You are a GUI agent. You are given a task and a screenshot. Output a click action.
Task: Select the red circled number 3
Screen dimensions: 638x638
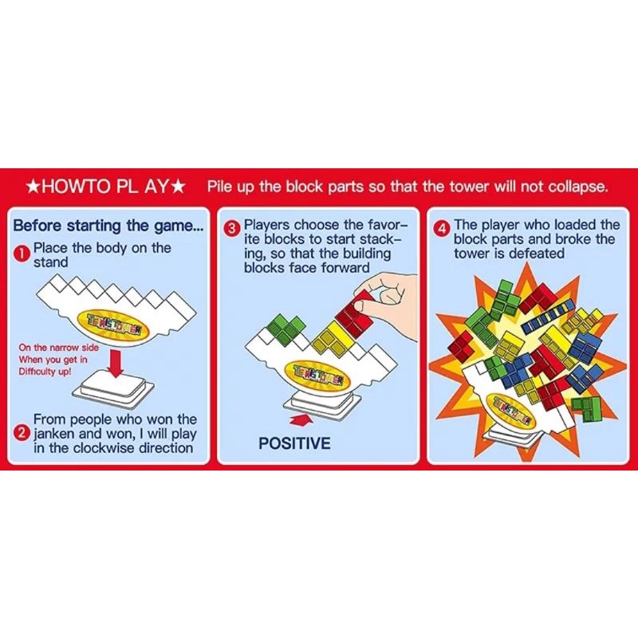click(232, 229)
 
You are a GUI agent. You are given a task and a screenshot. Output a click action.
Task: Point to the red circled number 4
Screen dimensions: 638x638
click(443, 229)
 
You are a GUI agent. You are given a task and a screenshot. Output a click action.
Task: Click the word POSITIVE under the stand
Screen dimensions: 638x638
click(294, 443)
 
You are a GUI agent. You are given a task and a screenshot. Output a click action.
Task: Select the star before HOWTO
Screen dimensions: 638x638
click(33, 187)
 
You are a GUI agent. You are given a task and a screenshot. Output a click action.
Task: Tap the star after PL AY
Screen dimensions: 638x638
click(178, 187)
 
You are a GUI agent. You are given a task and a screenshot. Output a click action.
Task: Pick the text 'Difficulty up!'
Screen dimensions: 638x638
click(45, 372)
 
